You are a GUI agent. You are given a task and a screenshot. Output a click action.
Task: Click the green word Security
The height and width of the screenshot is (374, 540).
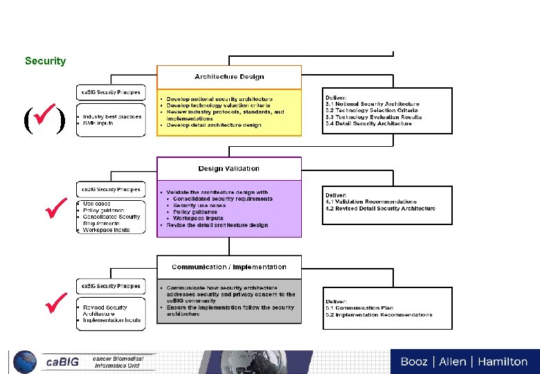coord(45,61)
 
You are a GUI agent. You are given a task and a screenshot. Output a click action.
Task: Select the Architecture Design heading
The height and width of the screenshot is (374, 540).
coord(229,77)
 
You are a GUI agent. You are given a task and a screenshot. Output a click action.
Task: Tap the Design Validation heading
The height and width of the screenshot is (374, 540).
coord(228,168)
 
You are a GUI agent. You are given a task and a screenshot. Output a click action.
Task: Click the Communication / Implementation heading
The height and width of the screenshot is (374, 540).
coord(228,267)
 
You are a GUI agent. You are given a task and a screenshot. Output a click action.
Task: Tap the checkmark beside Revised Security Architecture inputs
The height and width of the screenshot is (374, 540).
coord(54,301)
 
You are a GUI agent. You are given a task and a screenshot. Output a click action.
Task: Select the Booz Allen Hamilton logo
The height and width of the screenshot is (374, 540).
coord(464,361)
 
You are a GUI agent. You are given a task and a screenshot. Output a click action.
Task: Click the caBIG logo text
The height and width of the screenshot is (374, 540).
coord(62,362)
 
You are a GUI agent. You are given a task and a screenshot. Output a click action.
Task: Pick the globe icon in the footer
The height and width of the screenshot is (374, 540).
coord(26,362)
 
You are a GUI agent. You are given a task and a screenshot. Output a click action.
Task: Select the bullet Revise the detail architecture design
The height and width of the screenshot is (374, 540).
coord(217,225)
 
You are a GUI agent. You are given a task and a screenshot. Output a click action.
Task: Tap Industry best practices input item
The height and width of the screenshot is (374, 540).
coord(112,116)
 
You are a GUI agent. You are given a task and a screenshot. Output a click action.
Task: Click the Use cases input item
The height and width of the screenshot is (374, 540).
coord(96,204)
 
